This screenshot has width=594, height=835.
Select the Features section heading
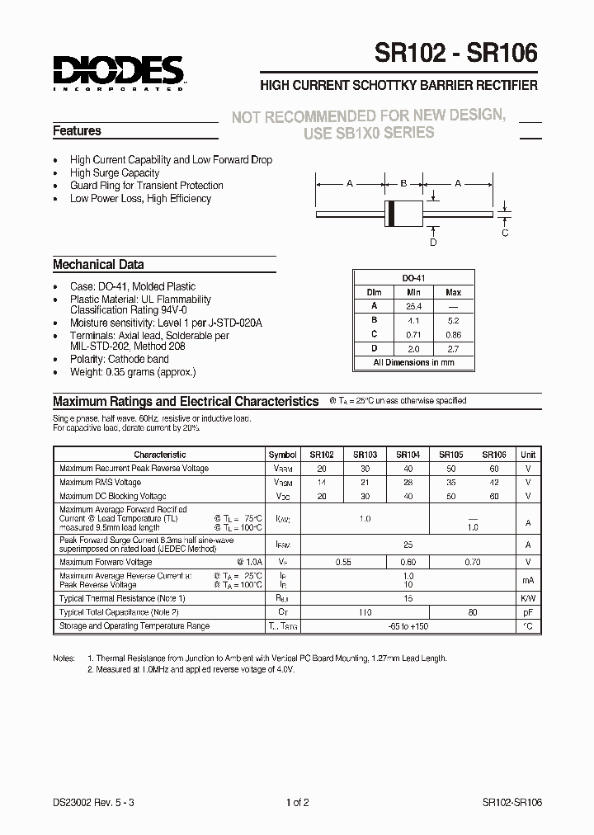[77, 131]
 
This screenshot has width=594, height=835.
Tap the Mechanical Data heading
[98, 265]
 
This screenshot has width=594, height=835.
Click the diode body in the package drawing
[403, 213]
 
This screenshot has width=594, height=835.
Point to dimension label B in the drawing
[403, 184]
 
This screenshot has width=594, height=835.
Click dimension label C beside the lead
[505, 233]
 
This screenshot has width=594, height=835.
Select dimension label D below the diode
[432, 242]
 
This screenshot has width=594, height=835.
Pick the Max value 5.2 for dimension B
[453, 320]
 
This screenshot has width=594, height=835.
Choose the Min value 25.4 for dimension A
[414, 306]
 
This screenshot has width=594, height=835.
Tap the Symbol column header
[282, 455]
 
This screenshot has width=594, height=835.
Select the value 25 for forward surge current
[408, 545]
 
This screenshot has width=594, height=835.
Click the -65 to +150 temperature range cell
[408, 626]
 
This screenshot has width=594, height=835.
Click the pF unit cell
[527, 612]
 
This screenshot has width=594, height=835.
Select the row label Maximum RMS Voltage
[100, 483]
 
